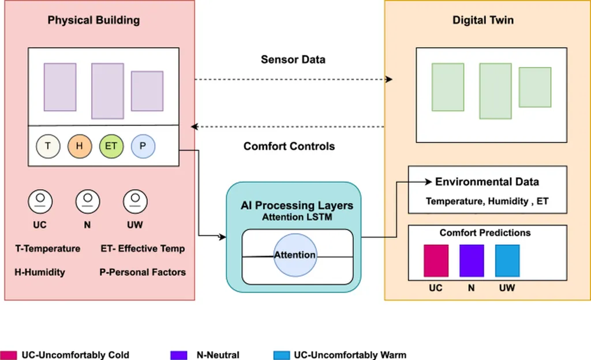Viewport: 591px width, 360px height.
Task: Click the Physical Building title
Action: pos(93,21)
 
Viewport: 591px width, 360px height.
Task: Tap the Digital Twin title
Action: pos(483,21)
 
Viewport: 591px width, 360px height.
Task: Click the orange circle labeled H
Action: pos(80,146)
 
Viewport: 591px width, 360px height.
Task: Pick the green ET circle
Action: pos(111,146)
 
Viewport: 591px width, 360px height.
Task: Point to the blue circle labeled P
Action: pos(143,146)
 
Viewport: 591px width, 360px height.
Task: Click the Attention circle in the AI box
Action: pos(295,254)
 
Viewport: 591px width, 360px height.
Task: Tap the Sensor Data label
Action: pos(293,59)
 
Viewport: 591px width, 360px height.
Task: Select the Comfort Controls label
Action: pos(289,146)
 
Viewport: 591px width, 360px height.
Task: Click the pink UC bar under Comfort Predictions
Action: pos(436,261)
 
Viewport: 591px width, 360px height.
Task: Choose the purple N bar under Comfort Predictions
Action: pos(472,261)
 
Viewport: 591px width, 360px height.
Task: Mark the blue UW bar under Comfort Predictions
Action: pos(507,261)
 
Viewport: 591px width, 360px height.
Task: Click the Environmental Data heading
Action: pos(487,182)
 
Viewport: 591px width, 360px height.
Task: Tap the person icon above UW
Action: pos(135,201)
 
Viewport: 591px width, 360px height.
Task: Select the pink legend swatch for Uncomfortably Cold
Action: pos(9,355)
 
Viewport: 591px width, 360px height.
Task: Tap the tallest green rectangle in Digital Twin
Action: pos(495,91)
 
